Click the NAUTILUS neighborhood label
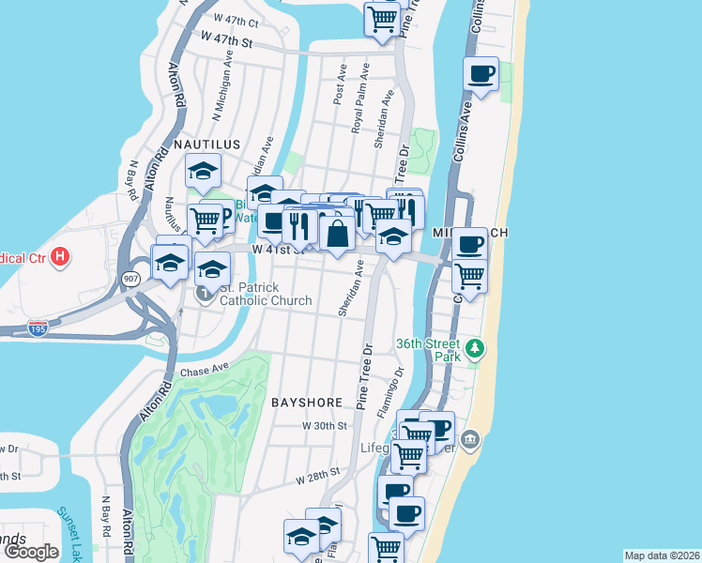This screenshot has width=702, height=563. [x=207, y=145]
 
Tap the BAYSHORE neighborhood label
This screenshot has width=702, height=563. [x=307, y=402]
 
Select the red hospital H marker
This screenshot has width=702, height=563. [x=60, y=256]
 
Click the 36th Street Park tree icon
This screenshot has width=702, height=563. [x=476, y=349]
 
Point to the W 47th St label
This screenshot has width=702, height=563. [x=227, y=39]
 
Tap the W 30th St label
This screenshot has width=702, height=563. [x=318, y=425]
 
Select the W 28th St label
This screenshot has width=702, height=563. [x=316, y=478]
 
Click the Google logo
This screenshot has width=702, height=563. [x=30, y=552]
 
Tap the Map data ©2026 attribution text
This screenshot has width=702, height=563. [x=661, y=555]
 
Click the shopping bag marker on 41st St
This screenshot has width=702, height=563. [x=337, y=231]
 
